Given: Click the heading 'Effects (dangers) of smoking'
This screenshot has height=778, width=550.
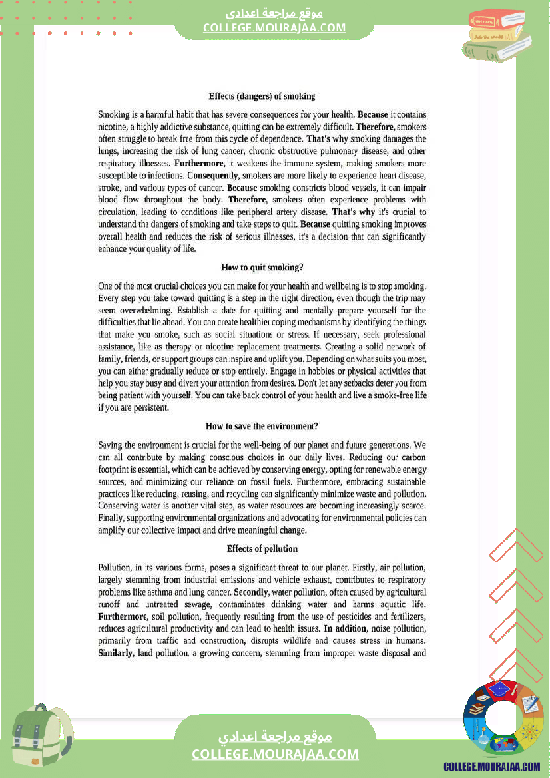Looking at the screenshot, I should (x=262, y=97).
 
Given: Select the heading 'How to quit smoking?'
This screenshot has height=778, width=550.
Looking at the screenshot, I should (x=262, y=267).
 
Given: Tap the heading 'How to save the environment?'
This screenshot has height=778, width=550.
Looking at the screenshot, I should (x=262, y=426).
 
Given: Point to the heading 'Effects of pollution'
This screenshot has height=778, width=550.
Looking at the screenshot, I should (x=262, y=548).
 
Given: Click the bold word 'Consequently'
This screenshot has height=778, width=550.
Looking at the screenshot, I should (x=194, y=176).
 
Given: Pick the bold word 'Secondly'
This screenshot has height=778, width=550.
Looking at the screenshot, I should (x=251, y=592).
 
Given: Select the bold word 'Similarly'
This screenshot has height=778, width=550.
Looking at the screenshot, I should (x=115, y=653).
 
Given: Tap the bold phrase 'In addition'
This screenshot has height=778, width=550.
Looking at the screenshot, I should (x=345, y=628).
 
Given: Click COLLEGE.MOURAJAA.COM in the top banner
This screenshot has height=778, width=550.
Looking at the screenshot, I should (x=274, y=27).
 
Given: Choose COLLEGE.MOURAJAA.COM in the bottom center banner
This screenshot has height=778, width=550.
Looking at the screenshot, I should (x=275, y=754).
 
